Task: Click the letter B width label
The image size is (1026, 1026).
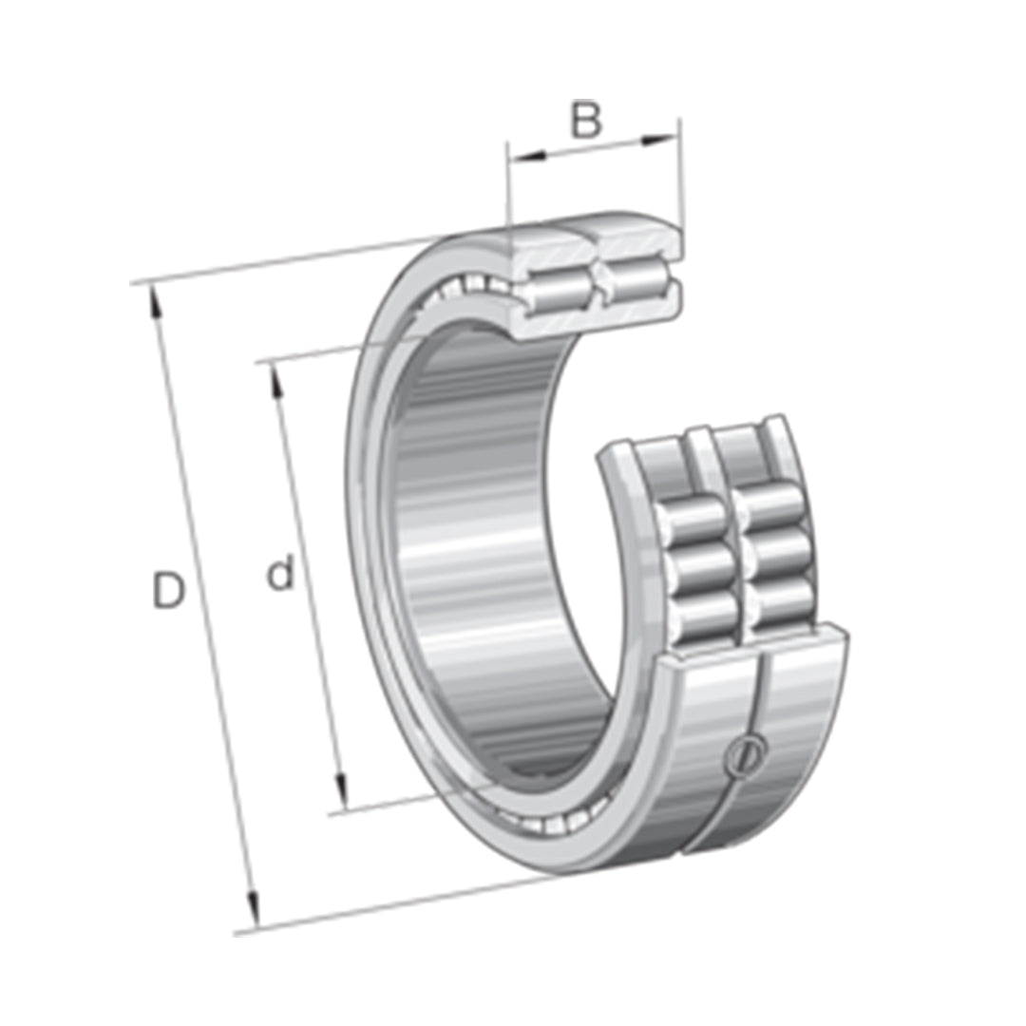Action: [586, 122]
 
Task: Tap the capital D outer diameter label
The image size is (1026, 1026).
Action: [168, 592]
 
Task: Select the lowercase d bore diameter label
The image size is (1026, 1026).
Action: [279, 575]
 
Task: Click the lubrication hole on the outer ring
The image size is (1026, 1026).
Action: [743, 757]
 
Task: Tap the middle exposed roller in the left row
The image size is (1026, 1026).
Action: [703, 567]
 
